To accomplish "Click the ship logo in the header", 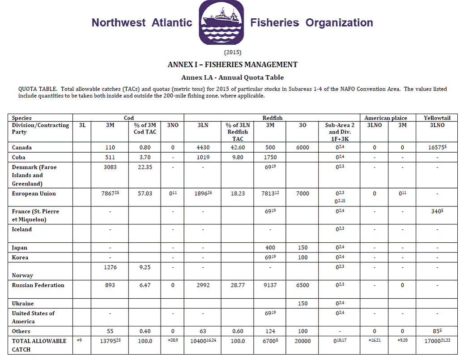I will [221, 22].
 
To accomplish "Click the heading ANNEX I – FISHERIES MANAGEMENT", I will [232, 64].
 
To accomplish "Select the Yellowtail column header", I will [437, 118].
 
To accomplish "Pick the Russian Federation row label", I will [38, 285].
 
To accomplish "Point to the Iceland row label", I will [22, 229].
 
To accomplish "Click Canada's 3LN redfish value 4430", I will [203, 148].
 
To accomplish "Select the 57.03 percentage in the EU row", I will [145, 193].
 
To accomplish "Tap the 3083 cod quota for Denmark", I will [110, 167].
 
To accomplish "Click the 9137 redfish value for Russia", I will [270, 285].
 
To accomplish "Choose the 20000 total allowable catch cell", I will [303, 341].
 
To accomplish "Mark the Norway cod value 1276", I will [110, 267].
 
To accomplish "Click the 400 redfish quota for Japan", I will [270, 248].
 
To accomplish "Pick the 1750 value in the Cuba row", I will [270, 157].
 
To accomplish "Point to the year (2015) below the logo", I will [232, 52].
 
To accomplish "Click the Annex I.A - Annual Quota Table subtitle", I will [232, 77].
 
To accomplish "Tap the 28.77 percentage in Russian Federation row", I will [238, 285].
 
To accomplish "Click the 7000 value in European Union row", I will [303, 193].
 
